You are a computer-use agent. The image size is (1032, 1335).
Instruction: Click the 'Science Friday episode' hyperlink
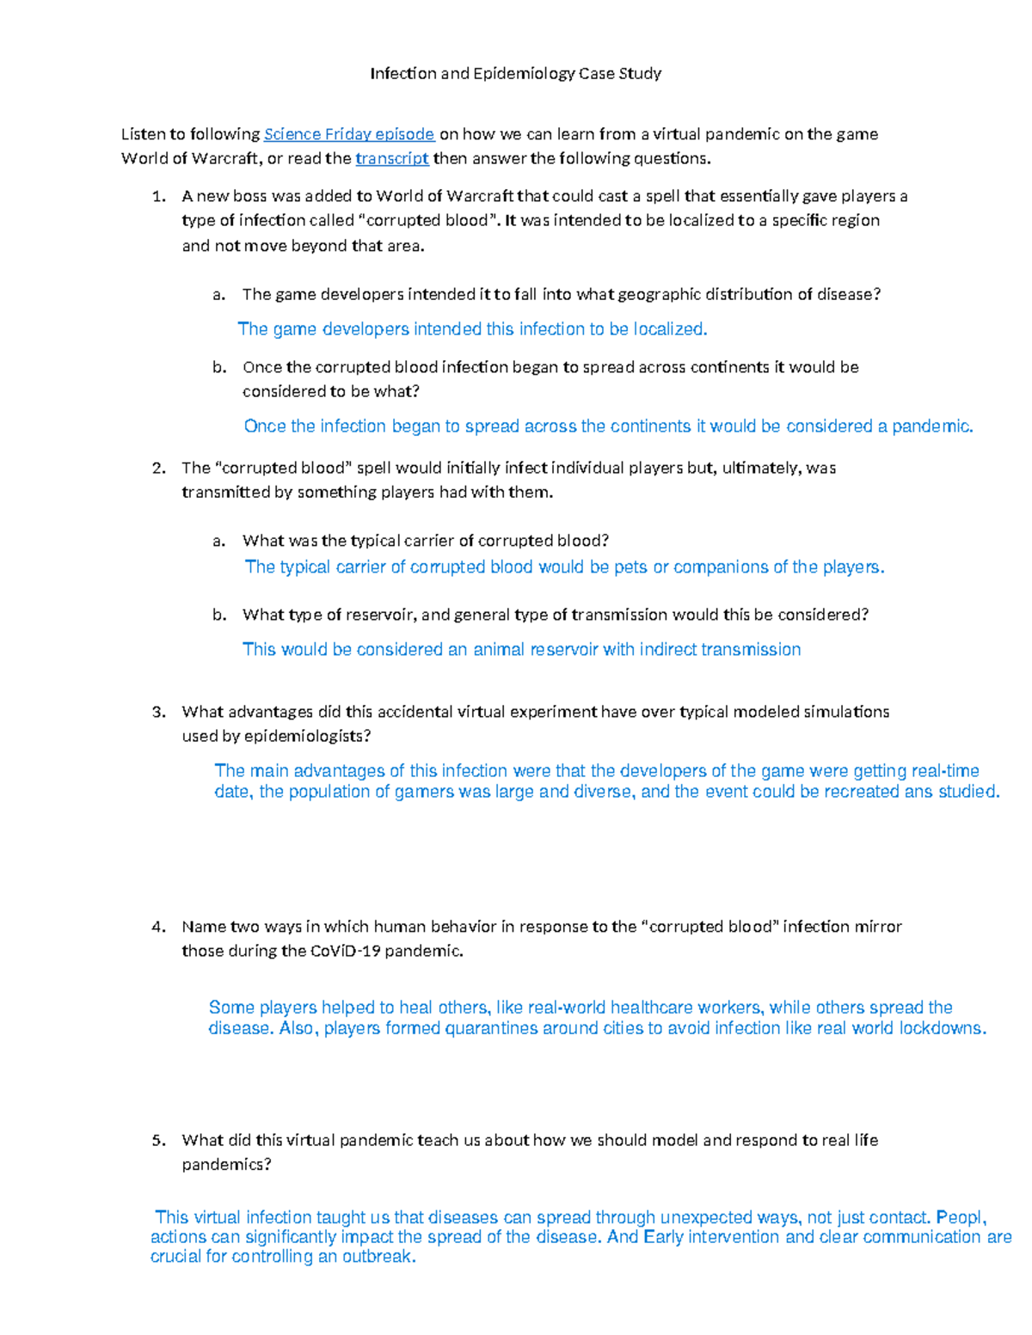tap(348, 134)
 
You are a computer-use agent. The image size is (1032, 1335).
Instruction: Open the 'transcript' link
tap(391, 158)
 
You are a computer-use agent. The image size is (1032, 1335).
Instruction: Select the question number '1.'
tap(158, 197)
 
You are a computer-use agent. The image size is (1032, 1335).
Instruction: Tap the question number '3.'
tap(158, 712)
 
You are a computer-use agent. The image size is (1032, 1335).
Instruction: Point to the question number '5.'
tap(158, 1141)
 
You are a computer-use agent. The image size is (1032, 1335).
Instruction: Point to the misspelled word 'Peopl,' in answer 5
tap(961, 1217)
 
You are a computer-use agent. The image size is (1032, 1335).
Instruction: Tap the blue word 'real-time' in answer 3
tap(944, 771)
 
